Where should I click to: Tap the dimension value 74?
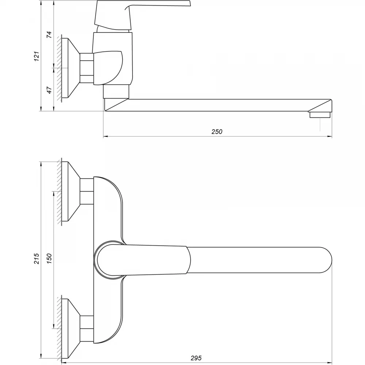[49, 35]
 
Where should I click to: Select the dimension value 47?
[49, 90]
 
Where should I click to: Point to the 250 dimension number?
[217, 132]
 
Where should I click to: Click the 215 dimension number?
[37, 259]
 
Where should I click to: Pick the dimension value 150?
[49, 259]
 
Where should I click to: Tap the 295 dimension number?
[196, 358]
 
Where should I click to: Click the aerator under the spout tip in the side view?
[320, 115]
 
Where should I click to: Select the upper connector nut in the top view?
[87, 191]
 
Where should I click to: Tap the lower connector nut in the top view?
[87, 328]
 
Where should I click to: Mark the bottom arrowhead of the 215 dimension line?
[41, 356]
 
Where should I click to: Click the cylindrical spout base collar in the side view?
[116, 91]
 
